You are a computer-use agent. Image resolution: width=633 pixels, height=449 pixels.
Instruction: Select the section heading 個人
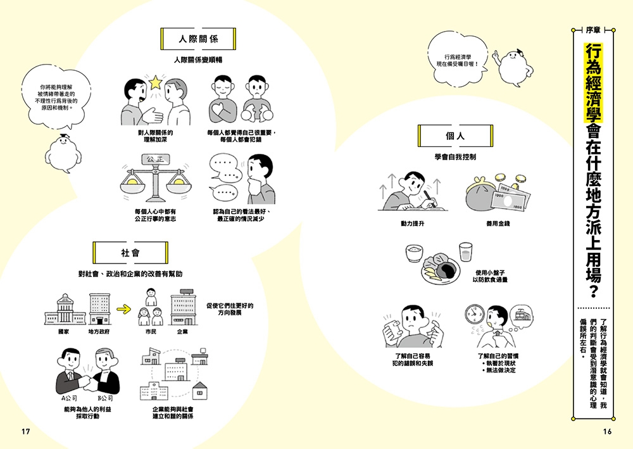point(455,136)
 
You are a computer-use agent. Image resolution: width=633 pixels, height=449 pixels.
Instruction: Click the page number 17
point(26,432)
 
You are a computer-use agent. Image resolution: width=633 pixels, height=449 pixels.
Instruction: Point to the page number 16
point(607,432)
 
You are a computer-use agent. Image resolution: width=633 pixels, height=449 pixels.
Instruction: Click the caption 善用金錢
point(498,224)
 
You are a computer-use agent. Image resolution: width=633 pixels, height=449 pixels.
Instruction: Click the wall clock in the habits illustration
point(474,313)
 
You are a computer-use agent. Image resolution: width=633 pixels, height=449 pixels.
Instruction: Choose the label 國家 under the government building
point(62,331)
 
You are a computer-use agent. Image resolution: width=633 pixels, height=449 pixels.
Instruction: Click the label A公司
point(69,398)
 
